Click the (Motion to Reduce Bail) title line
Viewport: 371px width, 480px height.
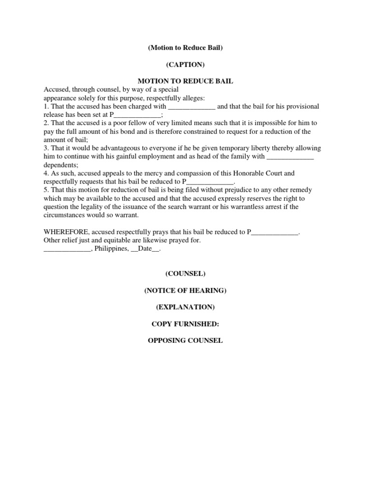185,48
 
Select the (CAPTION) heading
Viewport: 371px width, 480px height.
185,64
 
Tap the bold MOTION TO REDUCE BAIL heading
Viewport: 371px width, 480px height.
185,81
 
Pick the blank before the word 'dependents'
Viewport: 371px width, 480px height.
290,156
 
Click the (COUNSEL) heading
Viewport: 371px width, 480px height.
185,274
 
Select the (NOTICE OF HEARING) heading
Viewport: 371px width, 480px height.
185,290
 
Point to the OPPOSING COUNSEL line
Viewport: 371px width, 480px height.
185,340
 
